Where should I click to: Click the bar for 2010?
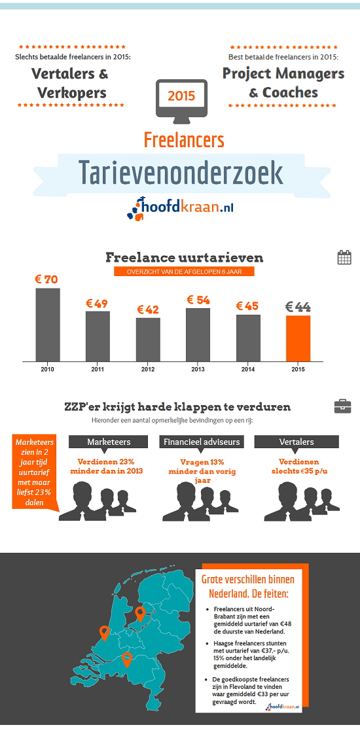[48, 325]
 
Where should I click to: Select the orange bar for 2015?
[298, 338]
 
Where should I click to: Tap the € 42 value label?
[148, 309]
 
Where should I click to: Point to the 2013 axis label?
[198, 370]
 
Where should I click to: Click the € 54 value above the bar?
[198, 300]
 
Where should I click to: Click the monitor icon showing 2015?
[181, 97]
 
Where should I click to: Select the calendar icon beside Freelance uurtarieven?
[344, 257]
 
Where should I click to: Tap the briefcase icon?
[342, 406]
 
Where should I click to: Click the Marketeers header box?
[109, 442]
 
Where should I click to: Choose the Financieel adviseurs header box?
[201, 442]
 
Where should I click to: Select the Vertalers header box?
[297, 442]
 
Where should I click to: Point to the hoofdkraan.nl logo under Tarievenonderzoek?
[180, 208]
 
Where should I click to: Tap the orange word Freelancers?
[184, 139]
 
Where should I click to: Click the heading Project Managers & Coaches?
[283, 82]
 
